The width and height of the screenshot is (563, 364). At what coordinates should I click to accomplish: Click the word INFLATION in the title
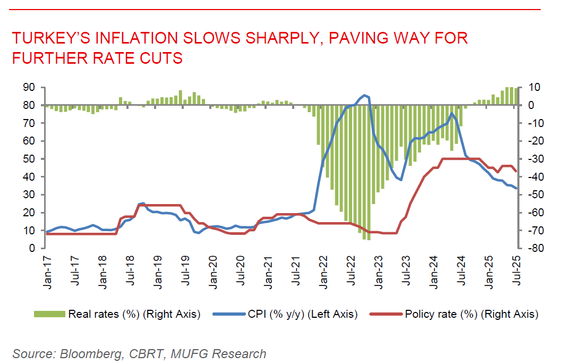point(131,39)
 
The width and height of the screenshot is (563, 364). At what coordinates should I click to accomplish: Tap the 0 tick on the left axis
point(32,248)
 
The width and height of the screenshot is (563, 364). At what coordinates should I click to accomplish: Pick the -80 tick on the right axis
point(533,248)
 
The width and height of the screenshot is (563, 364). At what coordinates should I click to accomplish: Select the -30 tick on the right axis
point(533,159)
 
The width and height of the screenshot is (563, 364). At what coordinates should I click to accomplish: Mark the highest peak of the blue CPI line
point(364,95)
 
